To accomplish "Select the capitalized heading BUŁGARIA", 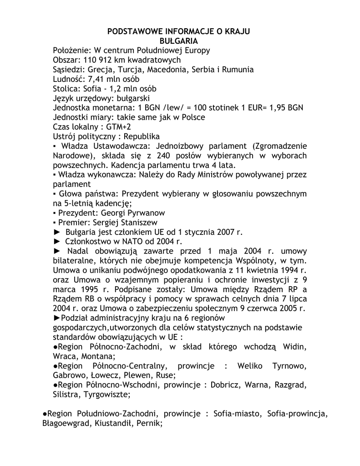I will tap(179, 41).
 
